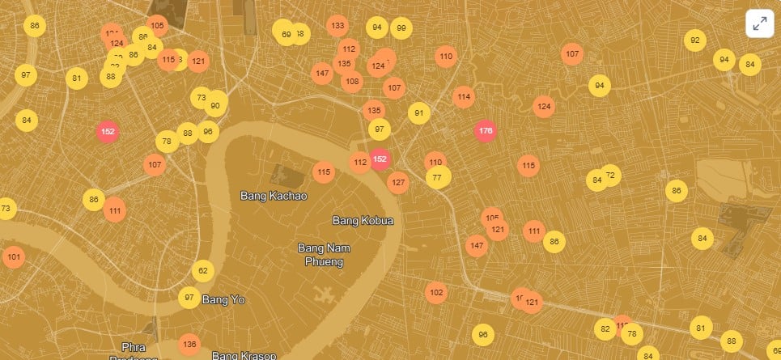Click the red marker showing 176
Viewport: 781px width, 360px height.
486,131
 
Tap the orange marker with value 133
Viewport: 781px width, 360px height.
337,25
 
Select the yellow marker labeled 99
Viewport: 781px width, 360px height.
401,28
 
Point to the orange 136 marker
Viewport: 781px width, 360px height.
189,345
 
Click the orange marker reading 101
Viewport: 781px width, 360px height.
13,258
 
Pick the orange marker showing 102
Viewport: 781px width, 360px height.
436,292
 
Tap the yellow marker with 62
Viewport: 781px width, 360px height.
203,271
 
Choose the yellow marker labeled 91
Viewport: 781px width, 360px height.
418,113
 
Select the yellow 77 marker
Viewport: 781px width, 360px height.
438,177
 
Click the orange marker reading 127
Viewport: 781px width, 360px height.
397,182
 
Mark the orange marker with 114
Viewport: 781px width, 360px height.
463,97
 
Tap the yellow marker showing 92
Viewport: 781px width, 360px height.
694,40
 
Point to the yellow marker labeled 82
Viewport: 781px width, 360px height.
605,329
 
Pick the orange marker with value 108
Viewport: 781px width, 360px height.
352,81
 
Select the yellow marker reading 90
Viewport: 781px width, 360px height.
215,105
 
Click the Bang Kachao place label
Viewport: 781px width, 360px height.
274,196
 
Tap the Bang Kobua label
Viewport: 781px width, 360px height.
363,220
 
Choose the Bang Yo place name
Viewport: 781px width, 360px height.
223,299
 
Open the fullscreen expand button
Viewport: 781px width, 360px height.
760,24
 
